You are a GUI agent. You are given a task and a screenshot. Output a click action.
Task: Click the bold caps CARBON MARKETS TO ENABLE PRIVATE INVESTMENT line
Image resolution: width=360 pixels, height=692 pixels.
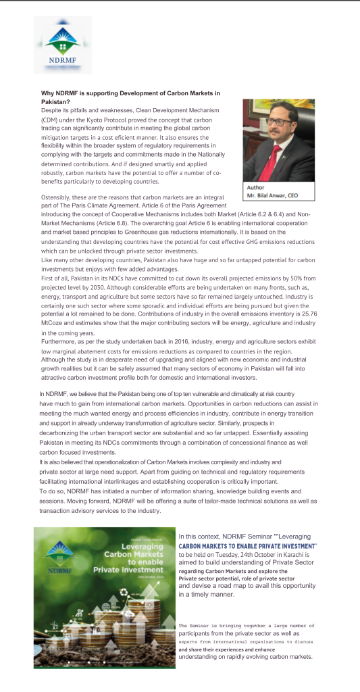(x=247, y=545)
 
